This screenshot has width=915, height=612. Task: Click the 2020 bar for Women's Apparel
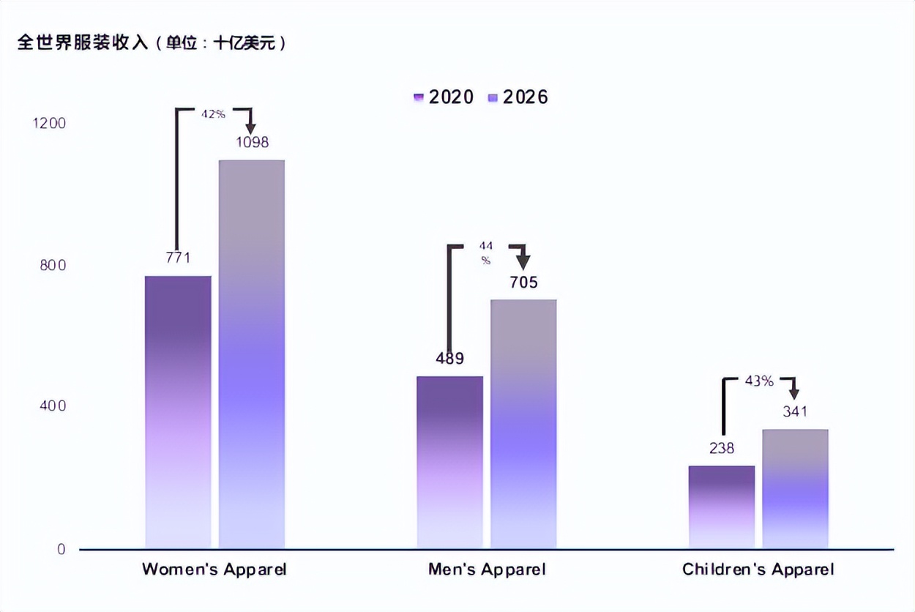coord(178,412)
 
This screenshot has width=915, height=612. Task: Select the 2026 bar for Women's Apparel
coord(252,354)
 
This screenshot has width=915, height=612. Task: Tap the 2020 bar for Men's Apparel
coord(450,462)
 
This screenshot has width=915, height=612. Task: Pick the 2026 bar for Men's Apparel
coord(523,424)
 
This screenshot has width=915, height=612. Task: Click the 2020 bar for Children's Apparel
coord(722,507)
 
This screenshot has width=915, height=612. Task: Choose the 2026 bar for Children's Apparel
coord(795,489)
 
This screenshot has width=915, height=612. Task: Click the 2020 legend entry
coord(444,97)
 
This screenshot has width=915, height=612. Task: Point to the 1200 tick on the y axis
coord(49,123)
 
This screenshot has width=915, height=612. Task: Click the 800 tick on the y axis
coord(52,265)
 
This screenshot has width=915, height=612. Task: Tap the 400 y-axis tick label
coord(52,406)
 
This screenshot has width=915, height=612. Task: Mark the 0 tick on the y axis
coord(61,549)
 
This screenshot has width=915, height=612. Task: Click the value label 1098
coord(252,142)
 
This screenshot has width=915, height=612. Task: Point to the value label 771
coord(178,258)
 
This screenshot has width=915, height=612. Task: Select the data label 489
coord(449,359)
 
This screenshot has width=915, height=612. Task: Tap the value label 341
coord(795,411)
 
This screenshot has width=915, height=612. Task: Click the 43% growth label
coord(759,381)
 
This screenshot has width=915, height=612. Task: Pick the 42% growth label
coord(213,114)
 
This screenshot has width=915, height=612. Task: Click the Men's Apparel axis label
coord(487,570)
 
